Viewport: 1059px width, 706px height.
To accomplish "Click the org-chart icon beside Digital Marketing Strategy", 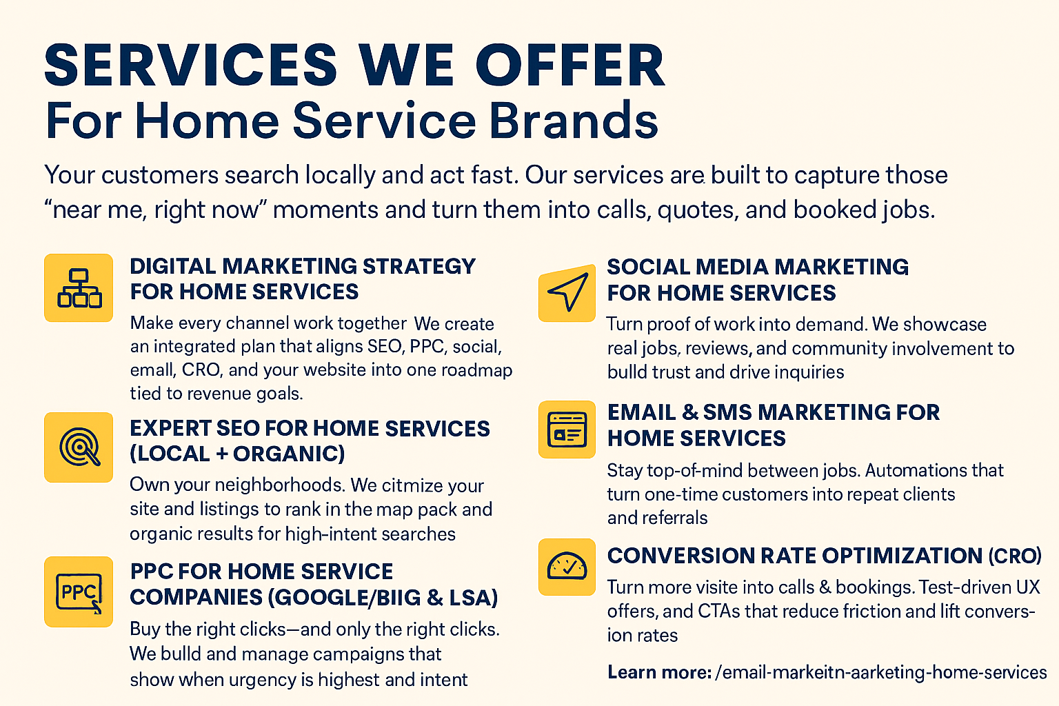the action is coord(79,288).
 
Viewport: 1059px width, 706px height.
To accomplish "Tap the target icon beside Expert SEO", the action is coord(79,447).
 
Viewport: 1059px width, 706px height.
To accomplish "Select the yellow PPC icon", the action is coord(79,592).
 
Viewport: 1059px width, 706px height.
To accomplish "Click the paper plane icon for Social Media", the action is coord(567,293).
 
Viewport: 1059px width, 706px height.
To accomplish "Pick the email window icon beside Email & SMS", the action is coord(567,430).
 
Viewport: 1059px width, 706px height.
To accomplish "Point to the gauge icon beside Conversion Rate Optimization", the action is coord(567,567).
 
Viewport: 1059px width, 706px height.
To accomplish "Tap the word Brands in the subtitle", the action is coord(574,121).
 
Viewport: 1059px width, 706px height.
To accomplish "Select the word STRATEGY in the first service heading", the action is coord(419,266).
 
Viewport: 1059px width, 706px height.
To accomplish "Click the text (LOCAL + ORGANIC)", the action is coord(237,454).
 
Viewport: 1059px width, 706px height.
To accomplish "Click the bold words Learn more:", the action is coord(660,672).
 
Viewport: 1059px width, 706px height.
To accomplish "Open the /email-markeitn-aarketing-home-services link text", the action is coord(880,672).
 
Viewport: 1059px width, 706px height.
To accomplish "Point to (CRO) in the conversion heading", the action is coord(1015,556).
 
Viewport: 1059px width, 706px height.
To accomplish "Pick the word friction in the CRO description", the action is coord(869,611).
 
